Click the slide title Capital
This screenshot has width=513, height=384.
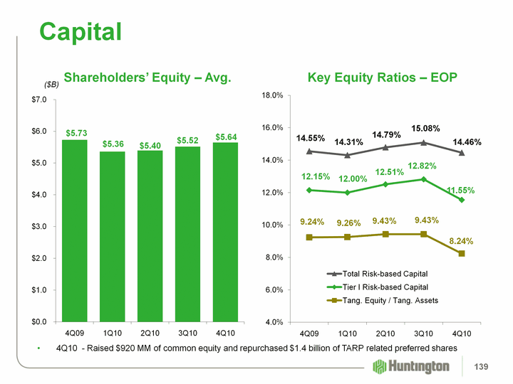(x=81, y=31)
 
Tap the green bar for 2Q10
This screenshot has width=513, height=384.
(x=150, y=235)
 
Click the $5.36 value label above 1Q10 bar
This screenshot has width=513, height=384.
(x=113, y=144)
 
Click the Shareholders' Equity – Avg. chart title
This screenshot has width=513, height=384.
(x=147, y=77)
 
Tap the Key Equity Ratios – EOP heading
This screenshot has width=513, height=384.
(x=382, y=77)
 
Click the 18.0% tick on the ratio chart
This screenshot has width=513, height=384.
(x=273, y=95)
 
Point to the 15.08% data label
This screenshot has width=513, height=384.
(x=426, y=129)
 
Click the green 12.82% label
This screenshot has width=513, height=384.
(x=422, y=166)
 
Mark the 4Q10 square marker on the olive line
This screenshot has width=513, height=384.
(x=462, y=253)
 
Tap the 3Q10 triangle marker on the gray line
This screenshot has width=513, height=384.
(x=423, y=142)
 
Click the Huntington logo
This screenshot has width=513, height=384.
(x=411, y=366)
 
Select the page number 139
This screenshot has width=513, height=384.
(x=484, y=366)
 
